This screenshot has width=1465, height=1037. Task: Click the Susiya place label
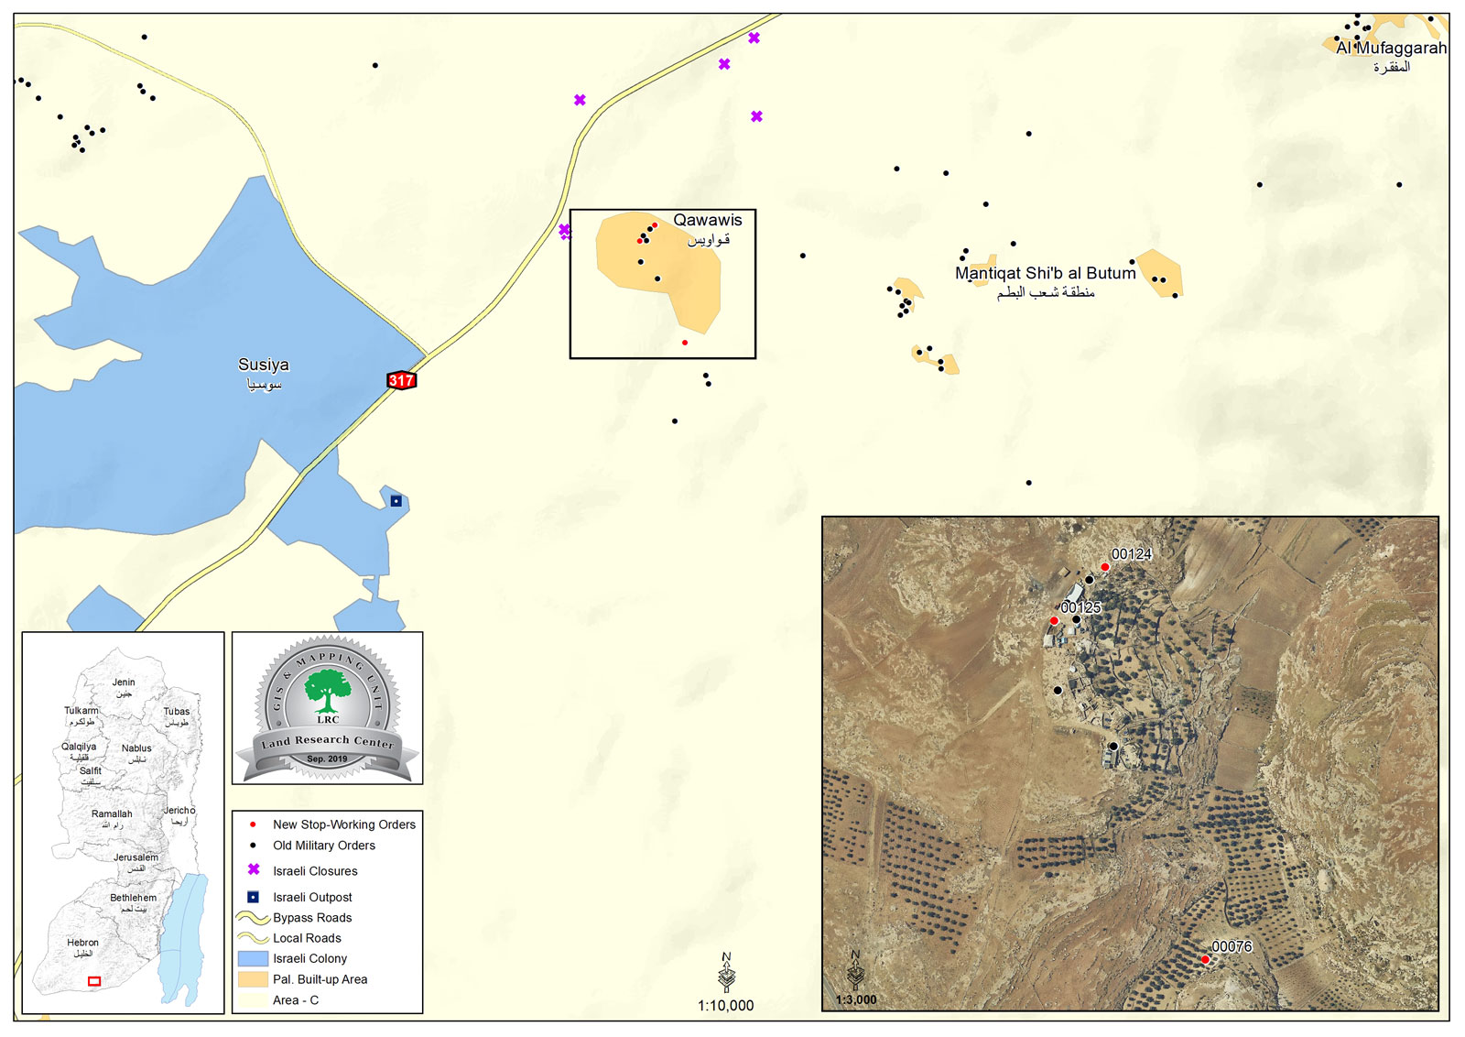263,365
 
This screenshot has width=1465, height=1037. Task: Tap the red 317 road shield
401,380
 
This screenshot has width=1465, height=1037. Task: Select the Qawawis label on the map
708,220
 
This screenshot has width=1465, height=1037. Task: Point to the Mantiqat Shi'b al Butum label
1045,273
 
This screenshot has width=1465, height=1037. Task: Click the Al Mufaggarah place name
1391,48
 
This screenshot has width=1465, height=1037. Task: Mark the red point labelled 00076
1205,959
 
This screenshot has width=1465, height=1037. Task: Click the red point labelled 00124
1105,567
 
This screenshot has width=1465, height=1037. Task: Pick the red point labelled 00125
1054,620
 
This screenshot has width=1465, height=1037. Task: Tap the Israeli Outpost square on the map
396,501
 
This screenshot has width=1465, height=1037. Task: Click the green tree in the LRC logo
327,688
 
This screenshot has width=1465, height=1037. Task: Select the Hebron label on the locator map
82,943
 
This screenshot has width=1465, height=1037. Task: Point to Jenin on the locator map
124,682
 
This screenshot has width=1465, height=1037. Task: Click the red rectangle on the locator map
94,981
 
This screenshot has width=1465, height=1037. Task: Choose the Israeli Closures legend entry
315,871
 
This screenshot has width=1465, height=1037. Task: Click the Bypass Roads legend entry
312,918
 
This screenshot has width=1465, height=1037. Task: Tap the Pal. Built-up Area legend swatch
253,979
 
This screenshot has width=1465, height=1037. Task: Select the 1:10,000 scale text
725,1006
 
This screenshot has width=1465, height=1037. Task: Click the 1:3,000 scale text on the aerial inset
856,999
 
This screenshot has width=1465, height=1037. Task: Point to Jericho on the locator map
179,811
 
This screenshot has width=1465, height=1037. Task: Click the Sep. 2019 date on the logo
327,759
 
